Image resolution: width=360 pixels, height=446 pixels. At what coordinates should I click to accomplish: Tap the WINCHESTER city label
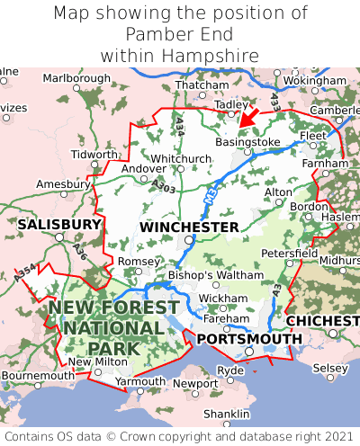(x=189, y=227)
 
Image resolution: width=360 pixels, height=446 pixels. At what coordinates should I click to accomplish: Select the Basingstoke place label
(x=247, y=142)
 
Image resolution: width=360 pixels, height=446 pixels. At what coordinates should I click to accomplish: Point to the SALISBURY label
(x=59, y=223)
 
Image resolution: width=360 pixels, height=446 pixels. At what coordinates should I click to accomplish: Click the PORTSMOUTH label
(x=249, y=338)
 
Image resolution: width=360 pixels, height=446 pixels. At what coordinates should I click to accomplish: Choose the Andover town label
(x=144, y=168)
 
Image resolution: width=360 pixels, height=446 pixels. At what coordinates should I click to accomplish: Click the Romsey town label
(x=139, y=261)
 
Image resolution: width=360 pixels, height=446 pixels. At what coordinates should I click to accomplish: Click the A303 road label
(x=163, y=185)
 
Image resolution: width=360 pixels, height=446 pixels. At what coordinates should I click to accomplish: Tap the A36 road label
(x=81, y=253)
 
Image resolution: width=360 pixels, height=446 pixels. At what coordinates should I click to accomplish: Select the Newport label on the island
(x=195, y=383)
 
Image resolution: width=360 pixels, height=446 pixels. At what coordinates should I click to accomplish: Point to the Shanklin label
(x=227, y=413)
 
